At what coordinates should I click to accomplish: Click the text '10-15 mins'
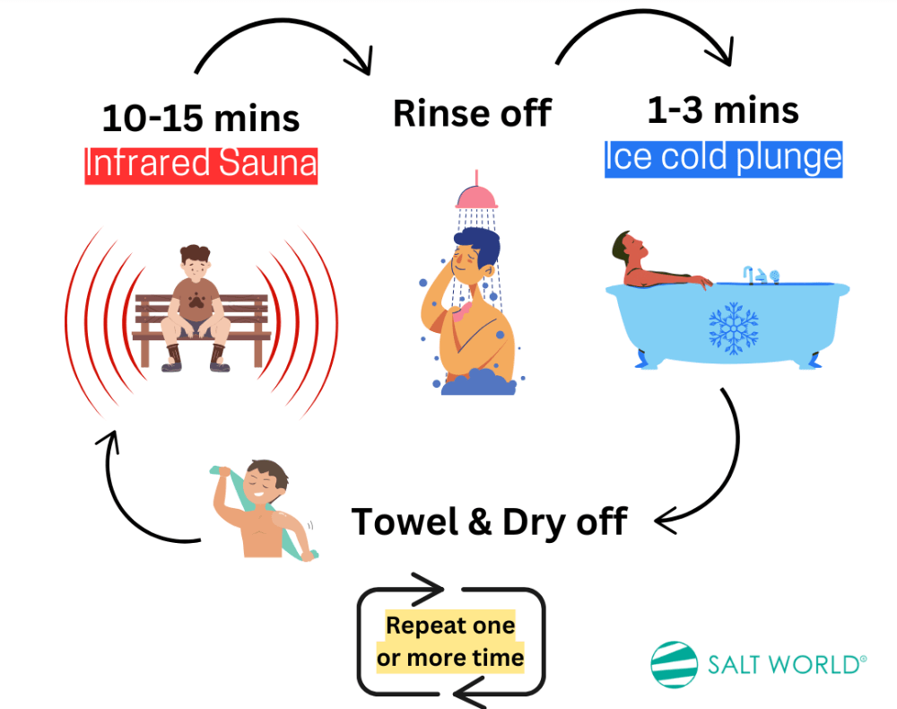tap(201, 118)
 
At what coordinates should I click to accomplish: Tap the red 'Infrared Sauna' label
tap(201, 165)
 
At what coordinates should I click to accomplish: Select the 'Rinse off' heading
tap(473, 113)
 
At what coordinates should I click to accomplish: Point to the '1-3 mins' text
tap(723, 109)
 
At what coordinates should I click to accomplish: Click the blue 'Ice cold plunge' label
tap(724, 159)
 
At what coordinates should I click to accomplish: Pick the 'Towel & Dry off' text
tap(490, 522)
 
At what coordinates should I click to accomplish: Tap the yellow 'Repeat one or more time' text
tap(451, 642)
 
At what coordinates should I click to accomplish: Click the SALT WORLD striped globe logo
tap(675, 664)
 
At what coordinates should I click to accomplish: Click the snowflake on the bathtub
tap(734, 328)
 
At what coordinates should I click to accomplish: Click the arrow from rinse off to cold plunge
tap(645, 12)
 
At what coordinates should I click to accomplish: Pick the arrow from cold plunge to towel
tap(736, 458)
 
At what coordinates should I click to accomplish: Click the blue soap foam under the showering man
tap(479, 382)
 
